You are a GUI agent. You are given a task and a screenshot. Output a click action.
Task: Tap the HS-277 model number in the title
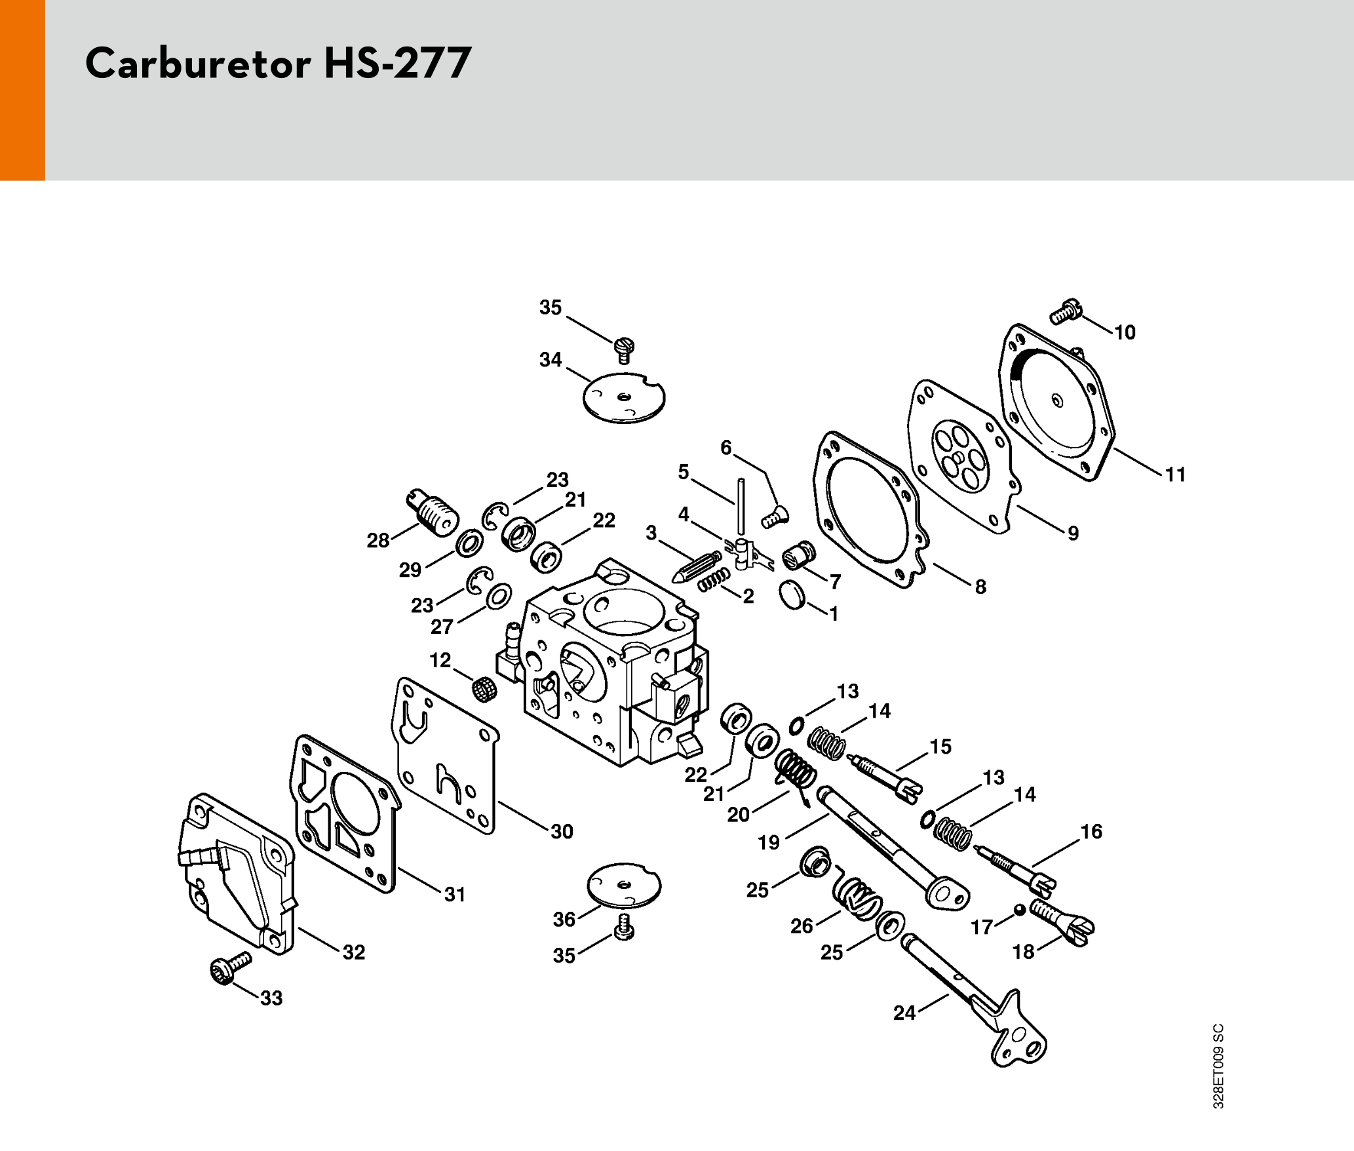click(397, 64)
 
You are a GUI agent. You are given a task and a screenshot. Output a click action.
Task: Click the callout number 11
click(1175, 474)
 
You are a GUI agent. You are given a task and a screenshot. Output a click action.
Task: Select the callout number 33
click(271, 998)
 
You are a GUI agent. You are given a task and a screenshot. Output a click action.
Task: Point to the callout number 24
click(904, 1013)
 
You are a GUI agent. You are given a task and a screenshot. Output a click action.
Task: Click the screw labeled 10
click(1066, 311)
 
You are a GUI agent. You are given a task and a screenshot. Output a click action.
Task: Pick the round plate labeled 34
click(624, 398)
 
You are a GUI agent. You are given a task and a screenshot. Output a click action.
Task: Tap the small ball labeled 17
click(1019, 910)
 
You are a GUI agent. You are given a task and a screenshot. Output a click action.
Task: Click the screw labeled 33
click(230, 966)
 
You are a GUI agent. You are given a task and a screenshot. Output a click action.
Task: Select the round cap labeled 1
click(792, 595)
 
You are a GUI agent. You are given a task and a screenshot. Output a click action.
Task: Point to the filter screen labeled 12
click(484, 688)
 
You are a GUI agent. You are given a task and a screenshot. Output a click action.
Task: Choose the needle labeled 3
click(695, 567)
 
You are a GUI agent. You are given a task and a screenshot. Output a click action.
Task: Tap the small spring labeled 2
click(713, 580)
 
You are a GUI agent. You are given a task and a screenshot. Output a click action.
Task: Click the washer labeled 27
click(499, 596)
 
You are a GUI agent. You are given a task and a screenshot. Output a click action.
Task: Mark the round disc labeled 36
click(624, 886)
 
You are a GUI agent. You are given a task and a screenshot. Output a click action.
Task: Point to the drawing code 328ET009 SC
click(1218, 1066)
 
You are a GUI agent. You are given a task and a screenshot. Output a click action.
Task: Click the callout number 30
click(562, 831)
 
